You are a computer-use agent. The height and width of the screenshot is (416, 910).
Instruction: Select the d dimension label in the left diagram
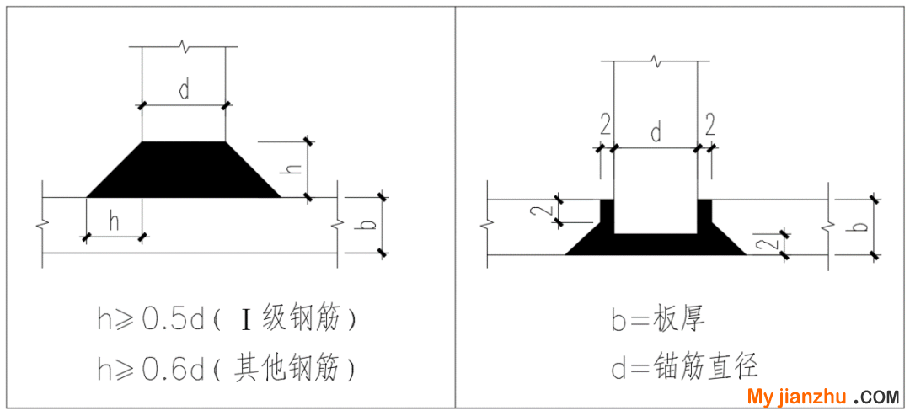[x=184, y=91]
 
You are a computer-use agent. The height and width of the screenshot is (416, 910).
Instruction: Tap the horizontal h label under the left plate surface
[x=115, y=223]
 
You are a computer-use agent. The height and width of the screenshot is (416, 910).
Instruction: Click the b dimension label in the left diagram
[x=372, y=223]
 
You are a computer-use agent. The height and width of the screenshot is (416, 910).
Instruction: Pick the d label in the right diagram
[x=656, y=133]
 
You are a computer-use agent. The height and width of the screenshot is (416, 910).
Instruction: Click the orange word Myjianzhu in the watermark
[x=799, y=397]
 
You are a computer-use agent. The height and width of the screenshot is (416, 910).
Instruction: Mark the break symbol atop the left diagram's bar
[x=184, y=46]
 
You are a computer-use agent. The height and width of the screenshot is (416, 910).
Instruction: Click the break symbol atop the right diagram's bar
[x=656, y=61]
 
